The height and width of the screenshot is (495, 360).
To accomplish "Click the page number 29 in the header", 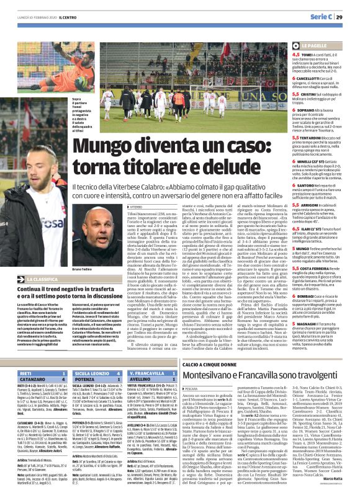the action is pyautogui.click(x=348, y=17).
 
